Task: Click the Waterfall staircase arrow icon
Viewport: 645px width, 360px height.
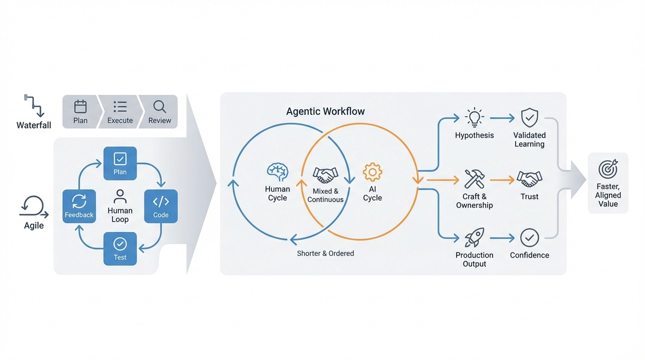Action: (x=33, y=105)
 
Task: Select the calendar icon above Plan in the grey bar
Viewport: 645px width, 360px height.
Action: (x=80, y=106)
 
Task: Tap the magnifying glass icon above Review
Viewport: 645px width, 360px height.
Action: (x=159, y=106)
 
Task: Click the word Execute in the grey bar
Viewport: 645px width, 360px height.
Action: (x=120, y=120)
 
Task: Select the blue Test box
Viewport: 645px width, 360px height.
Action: (x=120, y=248)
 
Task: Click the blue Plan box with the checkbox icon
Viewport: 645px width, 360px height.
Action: (x=120, y=163)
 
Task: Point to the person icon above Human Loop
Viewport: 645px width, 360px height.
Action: (x=120, y=195)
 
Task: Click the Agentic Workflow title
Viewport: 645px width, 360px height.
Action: (x=325, y=111)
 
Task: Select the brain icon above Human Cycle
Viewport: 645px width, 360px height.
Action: (x=277, y=172)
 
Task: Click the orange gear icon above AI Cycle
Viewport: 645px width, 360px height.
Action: (x=372, y=172)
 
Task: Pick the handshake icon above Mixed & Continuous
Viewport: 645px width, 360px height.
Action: (x=325, y=175)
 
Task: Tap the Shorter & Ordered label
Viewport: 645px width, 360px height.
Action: (x=325, y=253)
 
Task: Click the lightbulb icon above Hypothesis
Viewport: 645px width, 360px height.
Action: (x=474, y=118)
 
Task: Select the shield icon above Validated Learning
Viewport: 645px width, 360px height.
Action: (x=529, y=118)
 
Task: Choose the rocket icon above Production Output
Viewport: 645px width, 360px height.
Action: (x=474, y=238)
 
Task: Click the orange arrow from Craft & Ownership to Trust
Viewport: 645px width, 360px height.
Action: (x=502, y=179)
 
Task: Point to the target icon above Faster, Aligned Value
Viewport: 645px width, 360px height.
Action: (x=608, y=169)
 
